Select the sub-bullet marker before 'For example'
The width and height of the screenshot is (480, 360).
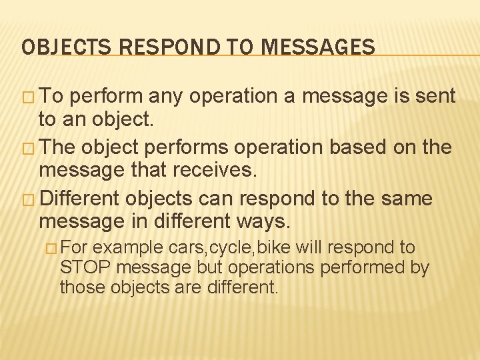tap(51, 248)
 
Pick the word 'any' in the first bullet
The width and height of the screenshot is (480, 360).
tap(167, 97)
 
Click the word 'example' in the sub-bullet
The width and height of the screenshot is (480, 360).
tap(131, 248)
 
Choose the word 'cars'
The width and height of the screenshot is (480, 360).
tap(189, 248)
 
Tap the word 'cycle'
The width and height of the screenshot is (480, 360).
tap(231, 248)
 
